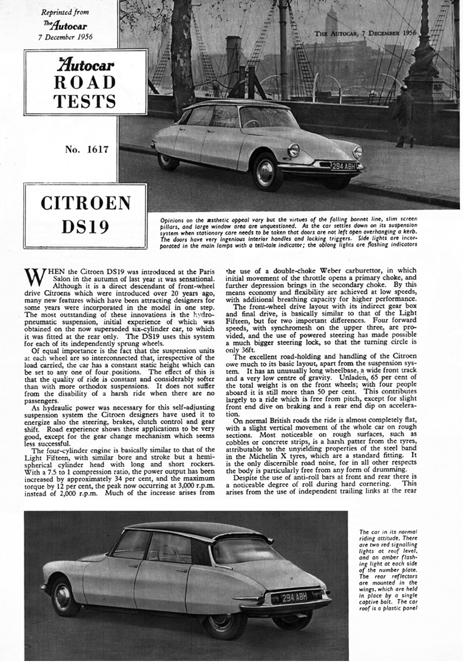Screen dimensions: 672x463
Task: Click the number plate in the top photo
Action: [x=344, y=166]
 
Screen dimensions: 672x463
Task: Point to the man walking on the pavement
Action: [x=405, y=116]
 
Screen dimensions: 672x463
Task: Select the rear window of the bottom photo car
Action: [x=244, y=550]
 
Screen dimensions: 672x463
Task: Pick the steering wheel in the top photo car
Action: [x=251, y=123]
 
